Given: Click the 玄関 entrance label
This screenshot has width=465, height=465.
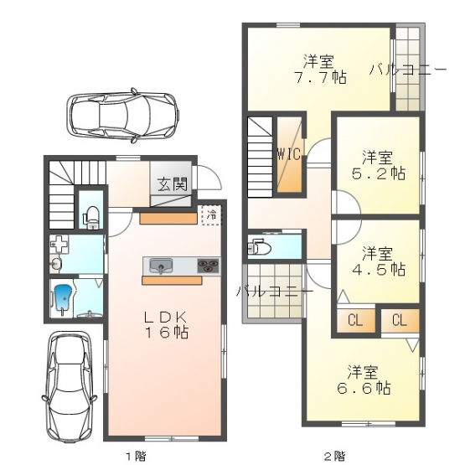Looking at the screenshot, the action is pos(173,183).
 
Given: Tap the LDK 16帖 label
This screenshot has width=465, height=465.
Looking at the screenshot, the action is pos(166,325).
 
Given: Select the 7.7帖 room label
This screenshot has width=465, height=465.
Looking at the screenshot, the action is pos(320,70).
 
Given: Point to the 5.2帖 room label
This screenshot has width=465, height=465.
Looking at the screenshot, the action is pos(378,166).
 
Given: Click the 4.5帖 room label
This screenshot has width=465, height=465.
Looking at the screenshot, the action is pos(378,261).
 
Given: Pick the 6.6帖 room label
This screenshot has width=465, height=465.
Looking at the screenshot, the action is pos(364,380).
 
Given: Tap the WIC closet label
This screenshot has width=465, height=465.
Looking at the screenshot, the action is pos(289,154).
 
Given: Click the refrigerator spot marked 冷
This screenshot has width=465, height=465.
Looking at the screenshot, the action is pos(211,215).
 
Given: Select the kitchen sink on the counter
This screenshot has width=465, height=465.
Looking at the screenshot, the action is pos(161,266).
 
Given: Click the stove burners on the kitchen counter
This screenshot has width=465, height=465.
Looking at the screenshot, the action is pos(208,265).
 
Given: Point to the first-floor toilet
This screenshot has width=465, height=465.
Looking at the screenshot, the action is pos(91,217).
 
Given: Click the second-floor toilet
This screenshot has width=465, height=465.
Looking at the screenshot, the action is pos(259,248).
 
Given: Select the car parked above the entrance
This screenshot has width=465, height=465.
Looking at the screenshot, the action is pos(123,116).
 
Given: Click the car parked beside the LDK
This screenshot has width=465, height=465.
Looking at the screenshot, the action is pos(70,386).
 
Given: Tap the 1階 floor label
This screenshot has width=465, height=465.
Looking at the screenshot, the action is pos(136,455).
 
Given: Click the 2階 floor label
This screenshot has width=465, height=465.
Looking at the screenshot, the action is pos(334,455).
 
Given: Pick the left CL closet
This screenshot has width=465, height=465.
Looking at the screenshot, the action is pos(355,320).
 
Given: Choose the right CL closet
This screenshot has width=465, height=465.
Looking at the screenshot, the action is pos(400,320).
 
